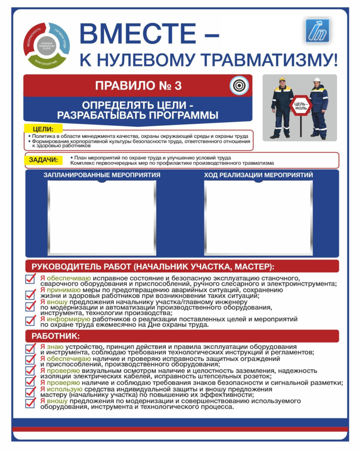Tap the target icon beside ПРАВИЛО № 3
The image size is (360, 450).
point(239,85)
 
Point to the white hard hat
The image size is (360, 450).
point(317,80)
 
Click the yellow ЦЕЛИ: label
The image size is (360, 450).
point(43,129)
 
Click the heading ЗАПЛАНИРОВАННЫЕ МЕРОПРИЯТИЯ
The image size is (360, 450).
point(102,175)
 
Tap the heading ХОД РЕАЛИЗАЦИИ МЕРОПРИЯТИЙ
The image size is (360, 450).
point(258,175)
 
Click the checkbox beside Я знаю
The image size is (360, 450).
point(30,348)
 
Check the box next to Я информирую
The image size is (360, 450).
point(30,321)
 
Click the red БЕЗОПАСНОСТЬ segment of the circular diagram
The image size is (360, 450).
point(31,38)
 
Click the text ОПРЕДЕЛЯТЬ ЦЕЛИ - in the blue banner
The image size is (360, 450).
point(138,106)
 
